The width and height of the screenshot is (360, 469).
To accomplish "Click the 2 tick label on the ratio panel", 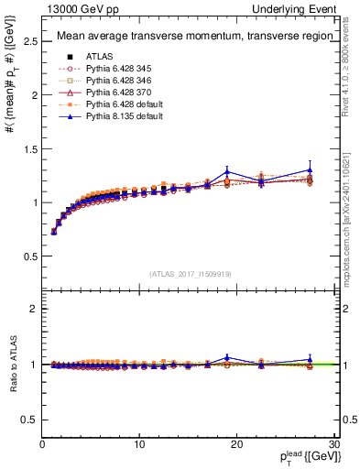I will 33,309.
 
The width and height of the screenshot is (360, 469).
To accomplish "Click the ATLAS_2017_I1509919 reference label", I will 188,274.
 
